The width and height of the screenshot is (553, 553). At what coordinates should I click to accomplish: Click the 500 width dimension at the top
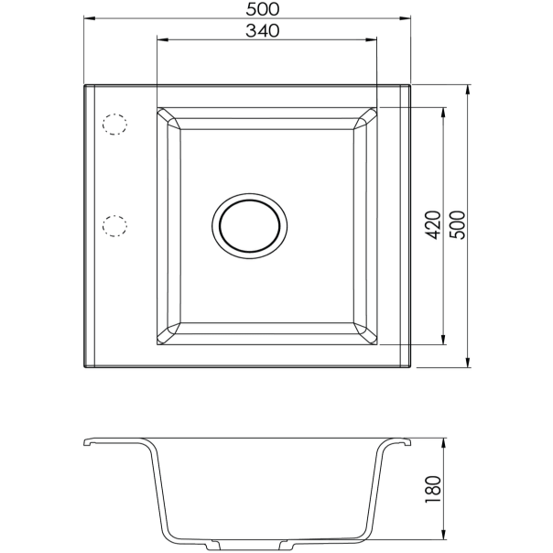(x=262, y=9)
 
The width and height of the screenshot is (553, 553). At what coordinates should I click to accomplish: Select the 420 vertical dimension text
(x=434, y=224)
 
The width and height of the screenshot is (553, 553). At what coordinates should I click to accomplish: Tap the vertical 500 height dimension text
(x=458, y=224)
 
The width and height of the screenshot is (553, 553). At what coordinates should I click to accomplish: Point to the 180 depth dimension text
(x=434, y=490)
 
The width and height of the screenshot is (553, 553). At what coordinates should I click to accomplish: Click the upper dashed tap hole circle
(x=114, y=125)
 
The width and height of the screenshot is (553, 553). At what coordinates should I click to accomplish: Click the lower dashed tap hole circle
(x=114, y=224)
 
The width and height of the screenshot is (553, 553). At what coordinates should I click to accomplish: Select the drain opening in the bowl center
(x=250, y=224)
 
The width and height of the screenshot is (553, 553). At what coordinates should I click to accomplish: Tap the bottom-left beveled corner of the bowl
(x=168, y=332)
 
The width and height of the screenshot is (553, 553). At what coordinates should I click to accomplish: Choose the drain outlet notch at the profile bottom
(x=247, y=547)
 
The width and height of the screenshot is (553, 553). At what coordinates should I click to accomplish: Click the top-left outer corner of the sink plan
(x=85, y=86)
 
